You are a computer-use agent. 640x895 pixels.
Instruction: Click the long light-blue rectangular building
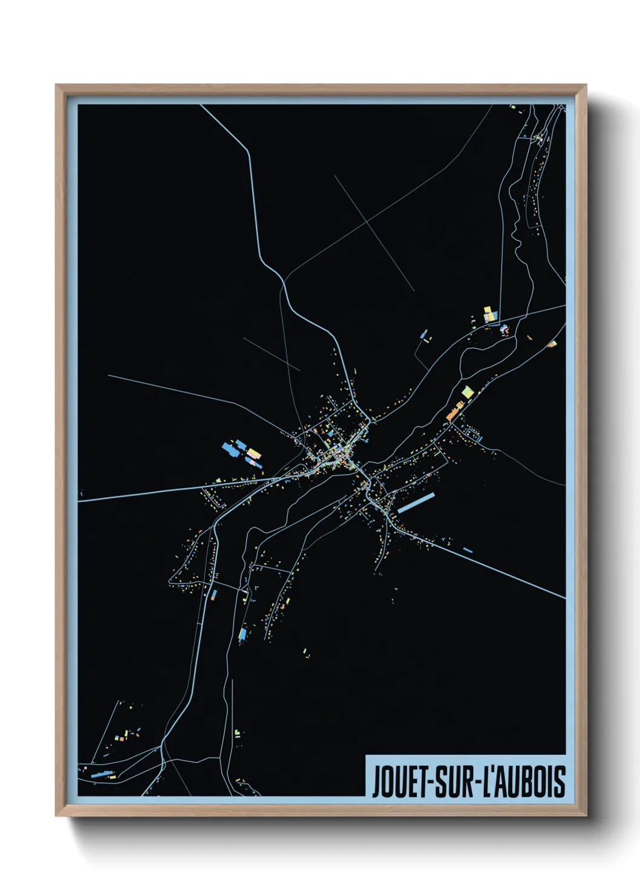[416, 503]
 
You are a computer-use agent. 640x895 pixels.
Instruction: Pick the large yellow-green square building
[467, 392]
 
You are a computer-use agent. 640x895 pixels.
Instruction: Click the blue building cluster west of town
[230, 448]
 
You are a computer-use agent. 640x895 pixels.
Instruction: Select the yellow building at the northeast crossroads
[488, 313]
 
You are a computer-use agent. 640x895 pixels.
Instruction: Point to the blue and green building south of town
[243, 634]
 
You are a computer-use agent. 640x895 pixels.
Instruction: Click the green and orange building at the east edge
[552, 344]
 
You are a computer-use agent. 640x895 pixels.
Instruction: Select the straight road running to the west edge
[151, 493]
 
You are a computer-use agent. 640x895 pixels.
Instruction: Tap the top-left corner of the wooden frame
[57, 86]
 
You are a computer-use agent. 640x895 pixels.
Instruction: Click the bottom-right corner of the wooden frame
[585, 815]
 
